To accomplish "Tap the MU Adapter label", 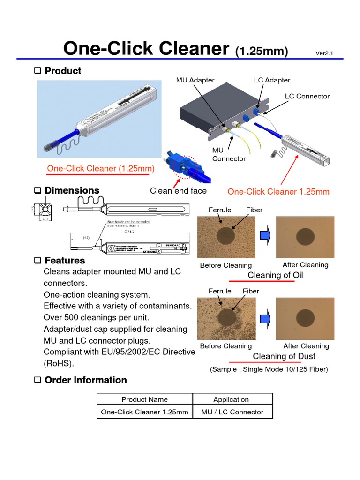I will (x=195, y=80).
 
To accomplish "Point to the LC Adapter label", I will (x=272, y=80).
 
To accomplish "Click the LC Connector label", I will (x=307, y=96).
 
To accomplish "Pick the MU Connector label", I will (x=229, y=154).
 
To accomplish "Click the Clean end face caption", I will (x=178, y=190).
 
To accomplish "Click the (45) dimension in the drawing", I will (x=86, y=238).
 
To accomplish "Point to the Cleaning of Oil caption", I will (x=275, y=275).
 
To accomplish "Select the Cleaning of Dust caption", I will (x=277, y=356).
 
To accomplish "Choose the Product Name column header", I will (x=144, y=399).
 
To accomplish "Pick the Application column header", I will (x=231, y=399).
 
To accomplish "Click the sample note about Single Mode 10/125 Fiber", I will (x=269, y=369).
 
